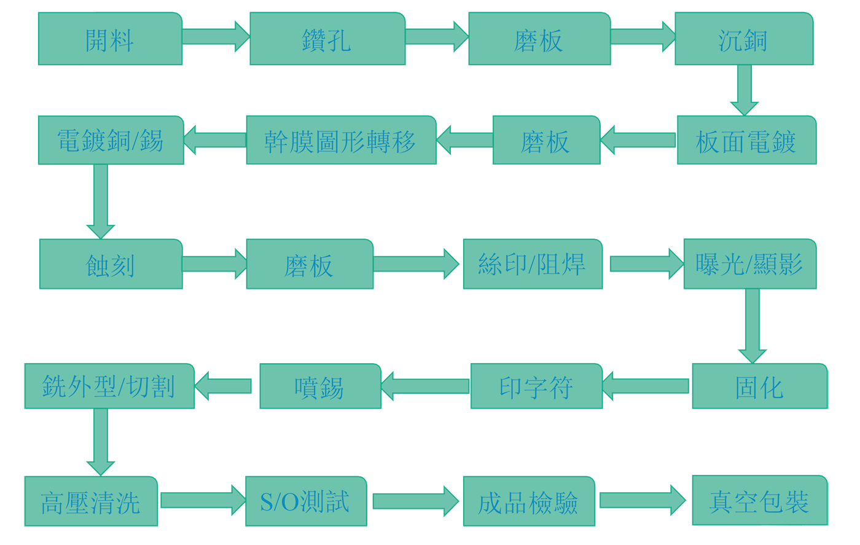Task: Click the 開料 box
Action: [110, 39]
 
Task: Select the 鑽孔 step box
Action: [327, 39]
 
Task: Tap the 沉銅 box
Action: [744, 39]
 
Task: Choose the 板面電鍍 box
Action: [746, 140]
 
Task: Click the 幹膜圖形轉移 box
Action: [341, 140]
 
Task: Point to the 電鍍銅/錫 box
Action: [111, 140]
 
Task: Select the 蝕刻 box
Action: [111, 264]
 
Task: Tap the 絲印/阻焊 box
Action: [532, 264]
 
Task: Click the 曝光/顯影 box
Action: [749, 264]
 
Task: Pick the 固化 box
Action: [759, 386]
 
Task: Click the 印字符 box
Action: [536, 386]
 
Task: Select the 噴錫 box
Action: [320, 386]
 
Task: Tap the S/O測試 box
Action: [306, 501]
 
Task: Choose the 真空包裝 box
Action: [759, 501]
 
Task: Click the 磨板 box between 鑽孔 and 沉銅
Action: [539, 39]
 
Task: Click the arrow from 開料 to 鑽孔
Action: [216, 36]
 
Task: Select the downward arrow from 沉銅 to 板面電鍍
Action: [744, 90]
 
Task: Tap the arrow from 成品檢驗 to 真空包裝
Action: [642, 500]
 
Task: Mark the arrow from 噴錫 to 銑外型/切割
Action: [224, 386]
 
